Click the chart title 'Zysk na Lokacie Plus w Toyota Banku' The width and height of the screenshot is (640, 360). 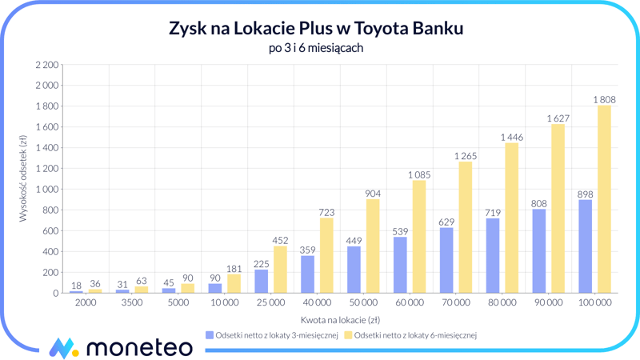click(316, 29)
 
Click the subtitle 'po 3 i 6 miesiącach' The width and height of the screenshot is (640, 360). click(316, 49)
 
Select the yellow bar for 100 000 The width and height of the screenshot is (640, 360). click(604, 199)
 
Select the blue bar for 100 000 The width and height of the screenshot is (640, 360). click(586, 246)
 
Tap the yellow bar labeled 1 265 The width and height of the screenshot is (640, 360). click(465, 227)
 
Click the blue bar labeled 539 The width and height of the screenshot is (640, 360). click(400, 265)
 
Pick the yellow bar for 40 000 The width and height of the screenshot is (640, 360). click(326, 255)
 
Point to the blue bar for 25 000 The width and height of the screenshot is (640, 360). click(262, 282)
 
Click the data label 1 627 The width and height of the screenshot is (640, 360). click(558, 118)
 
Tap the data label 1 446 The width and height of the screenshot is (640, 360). click(511, 138)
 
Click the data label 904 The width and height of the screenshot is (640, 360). click(373, 194)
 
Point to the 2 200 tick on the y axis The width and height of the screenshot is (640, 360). click(47, 65)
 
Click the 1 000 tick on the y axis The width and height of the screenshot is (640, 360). click(47, 190)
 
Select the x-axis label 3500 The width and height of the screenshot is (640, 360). click(131, 303)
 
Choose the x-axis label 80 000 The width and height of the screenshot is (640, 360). click(502, 303)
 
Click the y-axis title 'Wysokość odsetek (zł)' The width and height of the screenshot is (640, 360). click(23, 178)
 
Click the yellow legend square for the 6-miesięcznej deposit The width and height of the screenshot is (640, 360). click(348, 336)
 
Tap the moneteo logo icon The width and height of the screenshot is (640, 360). click(63, 347)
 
